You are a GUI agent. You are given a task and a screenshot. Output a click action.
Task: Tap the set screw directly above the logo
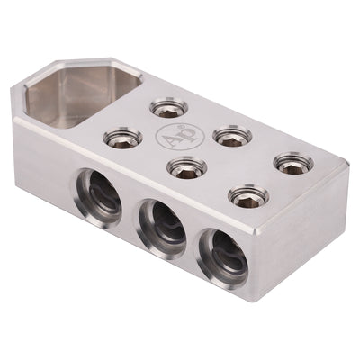coord(166,108)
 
